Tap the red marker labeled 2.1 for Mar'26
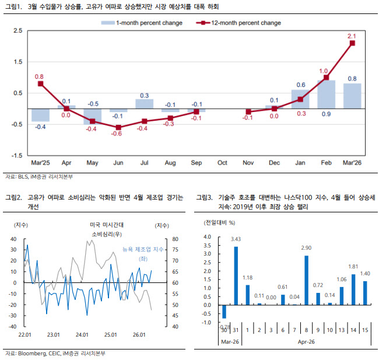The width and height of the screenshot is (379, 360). click(352, 43)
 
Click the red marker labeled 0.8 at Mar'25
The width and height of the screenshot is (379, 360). click(40, 83)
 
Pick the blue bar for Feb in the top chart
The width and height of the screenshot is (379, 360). click(326, 94)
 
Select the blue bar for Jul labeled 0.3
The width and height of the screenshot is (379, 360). click(145, 103)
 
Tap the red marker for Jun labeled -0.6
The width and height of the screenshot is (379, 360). click(118, 127)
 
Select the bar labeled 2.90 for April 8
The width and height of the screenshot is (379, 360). click(307, 280)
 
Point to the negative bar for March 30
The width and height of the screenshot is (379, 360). click(224, 312)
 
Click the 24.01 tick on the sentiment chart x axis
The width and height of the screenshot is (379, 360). click(82, 334)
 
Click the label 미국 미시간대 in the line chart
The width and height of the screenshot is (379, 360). click(103, 225)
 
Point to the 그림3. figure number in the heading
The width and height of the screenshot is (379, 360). click(206, 198)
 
